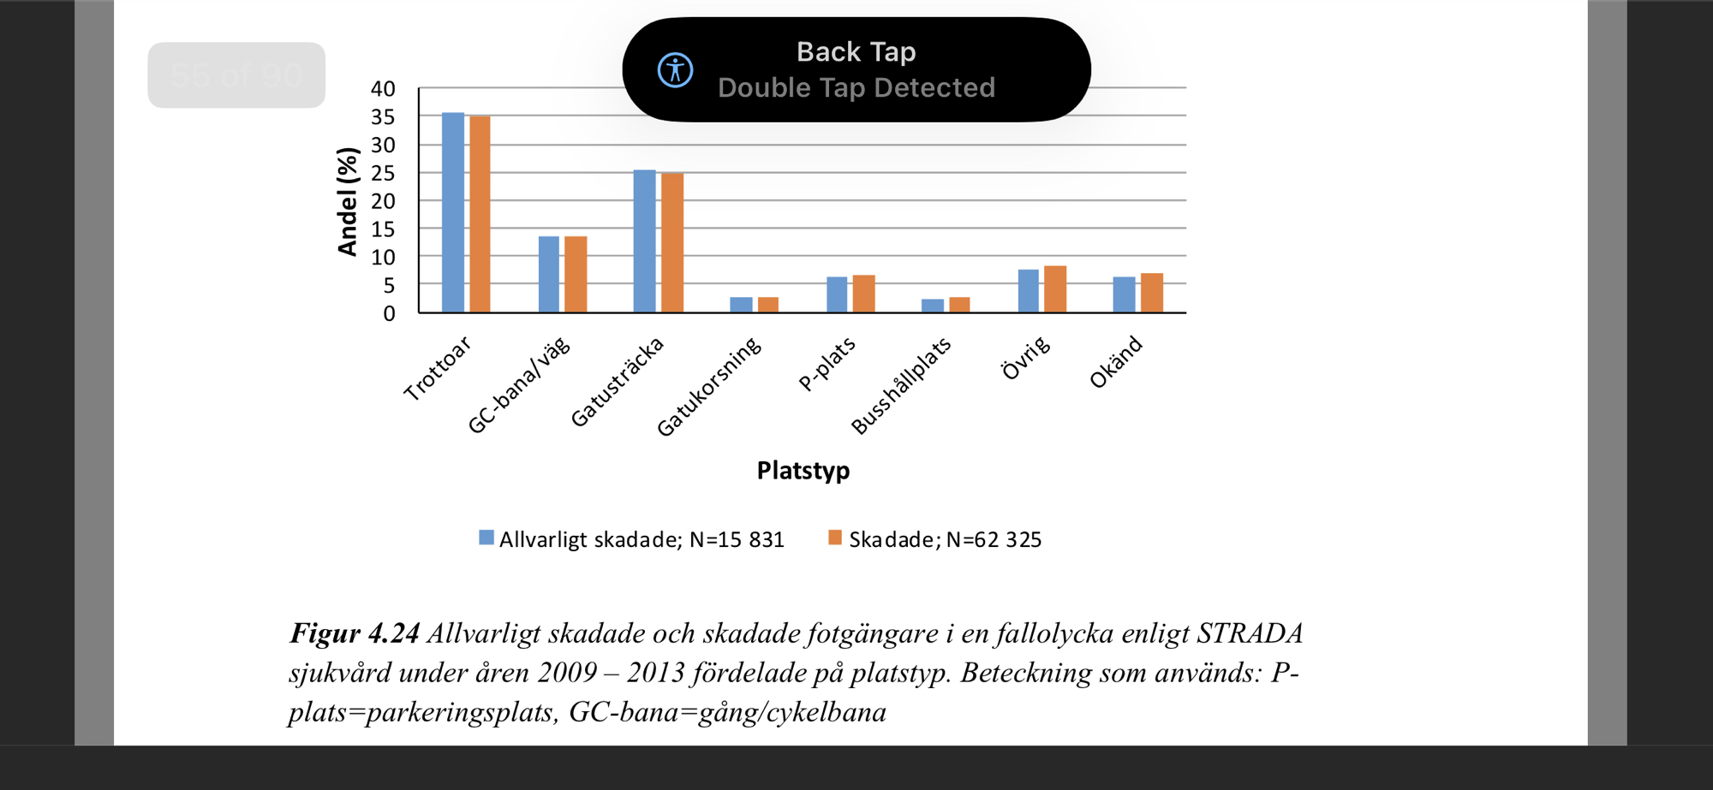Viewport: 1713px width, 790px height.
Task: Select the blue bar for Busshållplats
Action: click(933, 306)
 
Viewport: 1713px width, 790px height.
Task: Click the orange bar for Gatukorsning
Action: click(768, 305)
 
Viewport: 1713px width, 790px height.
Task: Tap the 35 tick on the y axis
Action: click(383, 117)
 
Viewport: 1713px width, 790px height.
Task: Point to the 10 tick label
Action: click(383, 258)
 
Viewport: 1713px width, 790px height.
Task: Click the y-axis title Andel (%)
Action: click(348, 202)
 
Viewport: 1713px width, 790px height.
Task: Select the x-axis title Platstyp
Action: click(803, 471)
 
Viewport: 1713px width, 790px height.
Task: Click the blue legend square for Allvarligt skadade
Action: click(486, 538)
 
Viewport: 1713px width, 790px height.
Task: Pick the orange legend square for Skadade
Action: click(835, 538)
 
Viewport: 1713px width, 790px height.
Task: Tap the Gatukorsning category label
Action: click(709, 386)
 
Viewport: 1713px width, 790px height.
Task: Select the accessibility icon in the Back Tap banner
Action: click(675, 70)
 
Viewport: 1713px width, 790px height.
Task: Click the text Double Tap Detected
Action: click(856, 88)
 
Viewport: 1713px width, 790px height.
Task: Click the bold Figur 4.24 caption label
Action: click(355, 633)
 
